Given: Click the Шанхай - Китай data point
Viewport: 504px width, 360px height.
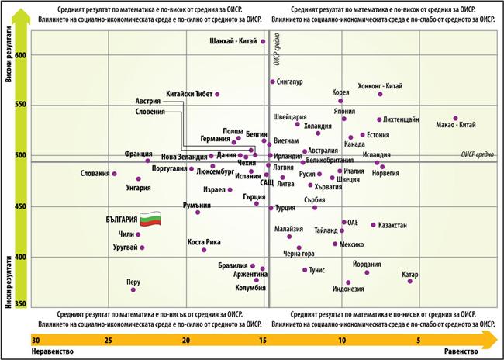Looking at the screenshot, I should point(263,42).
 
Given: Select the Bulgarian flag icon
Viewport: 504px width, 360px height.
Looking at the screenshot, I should point(151,220).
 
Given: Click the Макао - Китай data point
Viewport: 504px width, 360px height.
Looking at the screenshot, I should point(455,119).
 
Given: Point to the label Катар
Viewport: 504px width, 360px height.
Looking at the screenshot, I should point(410,275).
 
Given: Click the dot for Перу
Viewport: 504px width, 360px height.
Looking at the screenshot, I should point(133,289).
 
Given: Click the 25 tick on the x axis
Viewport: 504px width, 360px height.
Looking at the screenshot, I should point(109,340).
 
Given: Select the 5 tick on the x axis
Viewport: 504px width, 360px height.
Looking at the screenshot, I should point(419,340).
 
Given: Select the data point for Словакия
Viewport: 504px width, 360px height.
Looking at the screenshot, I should point(114,174).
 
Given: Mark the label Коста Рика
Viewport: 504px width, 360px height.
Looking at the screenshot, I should point(204,242).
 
